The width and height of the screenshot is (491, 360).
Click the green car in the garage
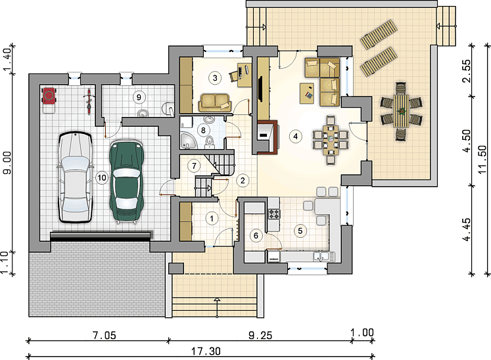pyautogui.click(x=126, y=181)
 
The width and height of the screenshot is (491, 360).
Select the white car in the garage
pyautogui.click(x=76, y=177)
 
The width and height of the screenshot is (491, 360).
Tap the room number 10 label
pyautogui.click(x=101, y=178)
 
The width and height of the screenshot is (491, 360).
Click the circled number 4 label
pyautogui.click(x=295, y=136)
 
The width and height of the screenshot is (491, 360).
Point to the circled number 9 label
pyautogui.click(x=139, y=97)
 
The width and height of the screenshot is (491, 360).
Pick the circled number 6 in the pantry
pyautogui.click(x=256, y=235)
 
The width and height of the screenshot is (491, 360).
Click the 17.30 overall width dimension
pyautogui.click(x=206, y=351)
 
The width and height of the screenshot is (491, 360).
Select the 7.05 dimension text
pyautogui.click(x=105, y=335)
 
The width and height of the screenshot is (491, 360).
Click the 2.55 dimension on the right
pyautogui.click(x=466, y=70)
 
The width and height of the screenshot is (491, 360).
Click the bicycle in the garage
pyautogui.click(x=89, y=101)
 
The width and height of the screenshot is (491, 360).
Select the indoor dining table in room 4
pyautogui.click(x=331, y=140)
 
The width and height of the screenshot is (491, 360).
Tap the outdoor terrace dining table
pyautogui.click(x=401, y=111)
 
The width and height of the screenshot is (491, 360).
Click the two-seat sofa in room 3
pyautogui.click(x=214, y=102)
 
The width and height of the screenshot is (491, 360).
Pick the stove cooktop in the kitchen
pyautogui.click(x=274, y=214)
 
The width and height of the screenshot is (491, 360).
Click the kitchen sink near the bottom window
pyautogui.click(x=321, y=257)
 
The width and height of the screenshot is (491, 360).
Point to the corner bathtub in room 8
pyautogui.click(x=187, y=141)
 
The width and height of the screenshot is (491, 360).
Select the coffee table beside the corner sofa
pyautogui.click(x=307, y=93)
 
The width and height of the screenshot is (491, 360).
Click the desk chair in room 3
pyautogui.click(x=234, y=76)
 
